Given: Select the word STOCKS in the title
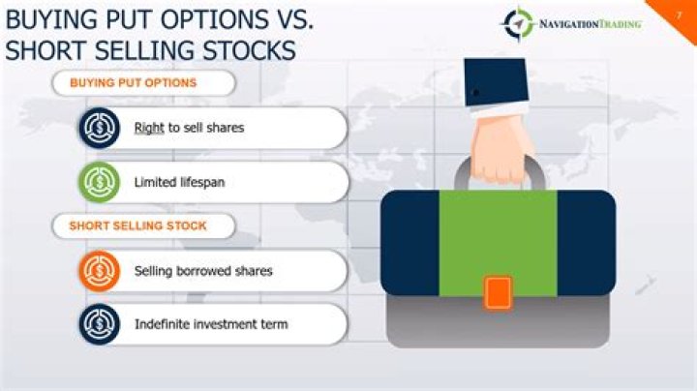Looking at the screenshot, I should [243, 50].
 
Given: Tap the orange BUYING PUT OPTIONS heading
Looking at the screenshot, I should [133, 83].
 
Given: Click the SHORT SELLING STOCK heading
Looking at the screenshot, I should [137, 226].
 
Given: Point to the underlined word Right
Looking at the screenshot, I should [149, 128].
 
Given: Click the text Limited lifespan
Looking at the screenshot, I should [179, 182].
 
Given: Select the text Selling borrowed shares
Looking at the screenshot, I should [203, 271].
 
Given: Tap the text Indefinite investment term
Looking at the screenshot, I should [211, 323].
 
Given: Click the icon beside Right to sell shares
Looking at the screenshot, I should [99, 128].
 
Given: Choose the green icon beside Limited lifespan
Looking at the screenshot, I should [99, 182].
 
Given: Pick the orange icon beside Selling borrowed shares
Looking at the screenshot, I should [99, 271].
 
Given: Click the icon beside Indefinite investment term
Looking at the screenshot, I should [99, 323].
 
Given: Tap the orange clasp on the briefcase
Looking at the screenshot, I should [498, 292].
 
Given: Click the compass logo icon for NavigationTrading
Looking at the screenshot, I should [518, 24].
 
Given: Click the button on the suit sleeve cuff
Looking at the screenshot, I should [474, 93].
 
